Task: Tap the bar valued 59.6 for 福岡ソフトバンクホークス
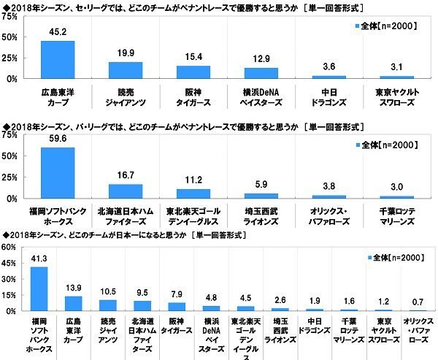(58, 173)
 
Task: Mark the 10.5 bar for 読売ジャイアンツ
(107, 305)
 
